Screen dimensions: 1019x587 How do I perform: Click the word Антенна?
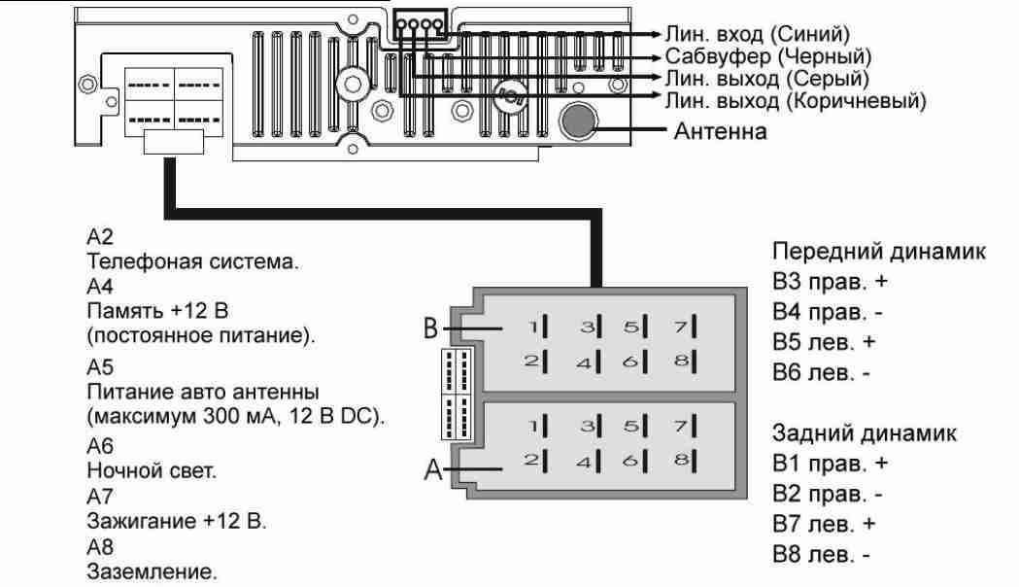tap(720, 131)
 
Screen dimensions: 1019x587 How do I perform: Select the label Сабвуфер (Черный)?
tap(768, 56)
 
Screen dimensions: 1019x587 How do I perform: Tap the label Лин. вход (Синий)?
tap(757, 34)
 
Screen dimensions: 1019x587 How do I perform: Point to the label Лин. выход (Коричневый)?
tap(796, 101)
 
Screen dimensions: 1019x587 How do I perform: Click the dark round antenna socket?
tap(578, 120)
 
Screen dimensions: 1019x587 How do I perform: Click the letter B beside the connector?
tap(431, 328)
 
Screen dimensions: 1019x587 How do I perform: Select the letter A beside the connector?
tap(433, 468)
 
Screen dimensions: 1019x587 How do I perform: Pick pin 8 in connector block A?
tap(686, 461)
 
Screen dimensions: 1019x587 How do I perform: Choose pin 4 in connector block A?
tap(589, 461)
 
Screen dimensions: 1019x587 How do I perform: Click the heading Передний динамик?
tap(879, 252)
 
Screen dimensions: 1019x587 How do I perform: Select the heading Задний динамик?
tap(865, 432)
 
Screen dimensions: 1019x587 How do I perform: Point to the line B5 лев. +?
tap(824, 342)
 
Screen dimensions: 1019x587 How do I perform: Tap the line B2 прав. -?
tap(828, 494)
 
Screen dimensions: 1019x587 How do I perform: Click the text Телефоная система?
tap(193, 262)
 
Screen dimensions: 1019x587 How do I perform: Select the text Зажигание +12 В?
tap(177, 521)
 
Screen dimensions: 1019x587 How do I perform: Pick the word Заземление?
tap(153, 572)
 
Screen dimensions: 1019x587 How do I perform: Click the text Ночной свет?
tap(153, 470)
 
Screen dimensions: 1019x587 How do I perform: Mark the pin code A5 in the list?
tap(100, 367)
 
